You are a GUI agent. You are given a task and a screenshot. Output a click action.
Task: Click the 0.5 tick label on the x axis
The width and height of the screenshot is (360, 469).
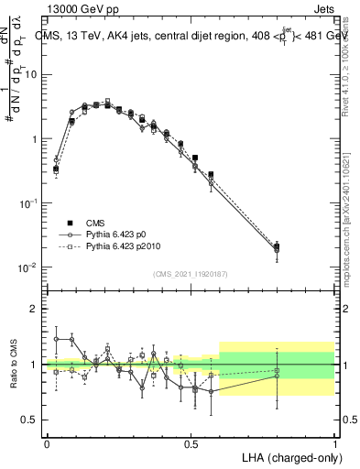point(191,444)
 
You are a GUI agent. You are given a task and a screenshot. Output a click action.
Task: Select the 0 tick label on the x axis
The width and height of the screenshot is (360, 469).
point(47,444)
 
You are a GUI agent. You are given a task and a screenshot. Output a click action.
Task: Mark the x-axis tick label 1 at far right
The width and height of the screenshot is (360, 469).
point(334,444)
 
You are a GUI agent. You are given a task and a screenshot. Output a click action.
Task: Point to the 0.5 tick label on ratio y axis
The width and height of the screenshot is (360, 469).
point(29,420)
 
